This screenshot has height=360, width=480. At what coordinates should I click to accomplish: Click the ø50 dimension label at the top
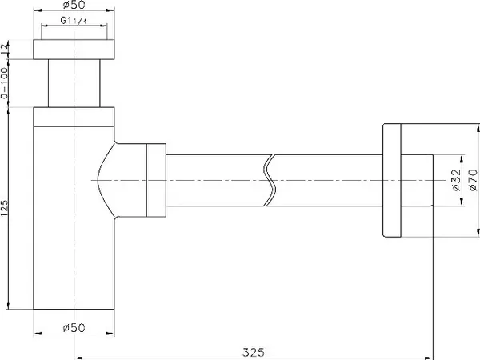pos(74,5)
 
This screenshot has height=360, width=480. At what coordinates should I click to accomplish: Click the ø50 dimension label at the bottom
pos(74,327)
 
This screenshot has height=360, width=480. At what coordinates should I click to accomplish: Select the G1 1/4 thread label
pos(74,21)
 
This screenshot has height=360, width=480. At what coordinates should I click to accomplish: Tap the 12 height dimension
pos(4,50)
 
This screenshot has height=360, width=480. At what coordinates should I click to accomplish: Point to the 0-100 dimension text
pos(4,83)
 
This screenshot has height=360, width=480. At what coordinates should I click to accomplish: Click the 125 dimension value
pos(4,208)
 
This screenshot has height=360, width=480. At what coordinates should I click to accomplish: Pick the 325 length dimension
pos(254,352)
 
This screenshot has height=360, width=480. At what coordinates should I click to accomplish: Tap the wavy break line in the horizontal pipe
pos(269,180)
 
